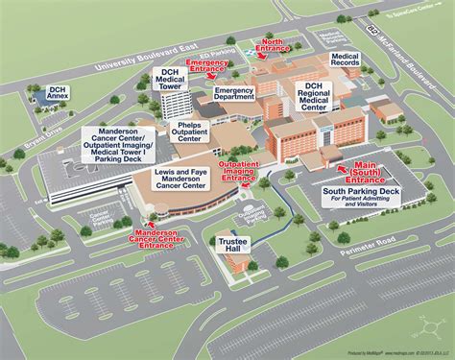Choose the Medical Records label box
[345, 61]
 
